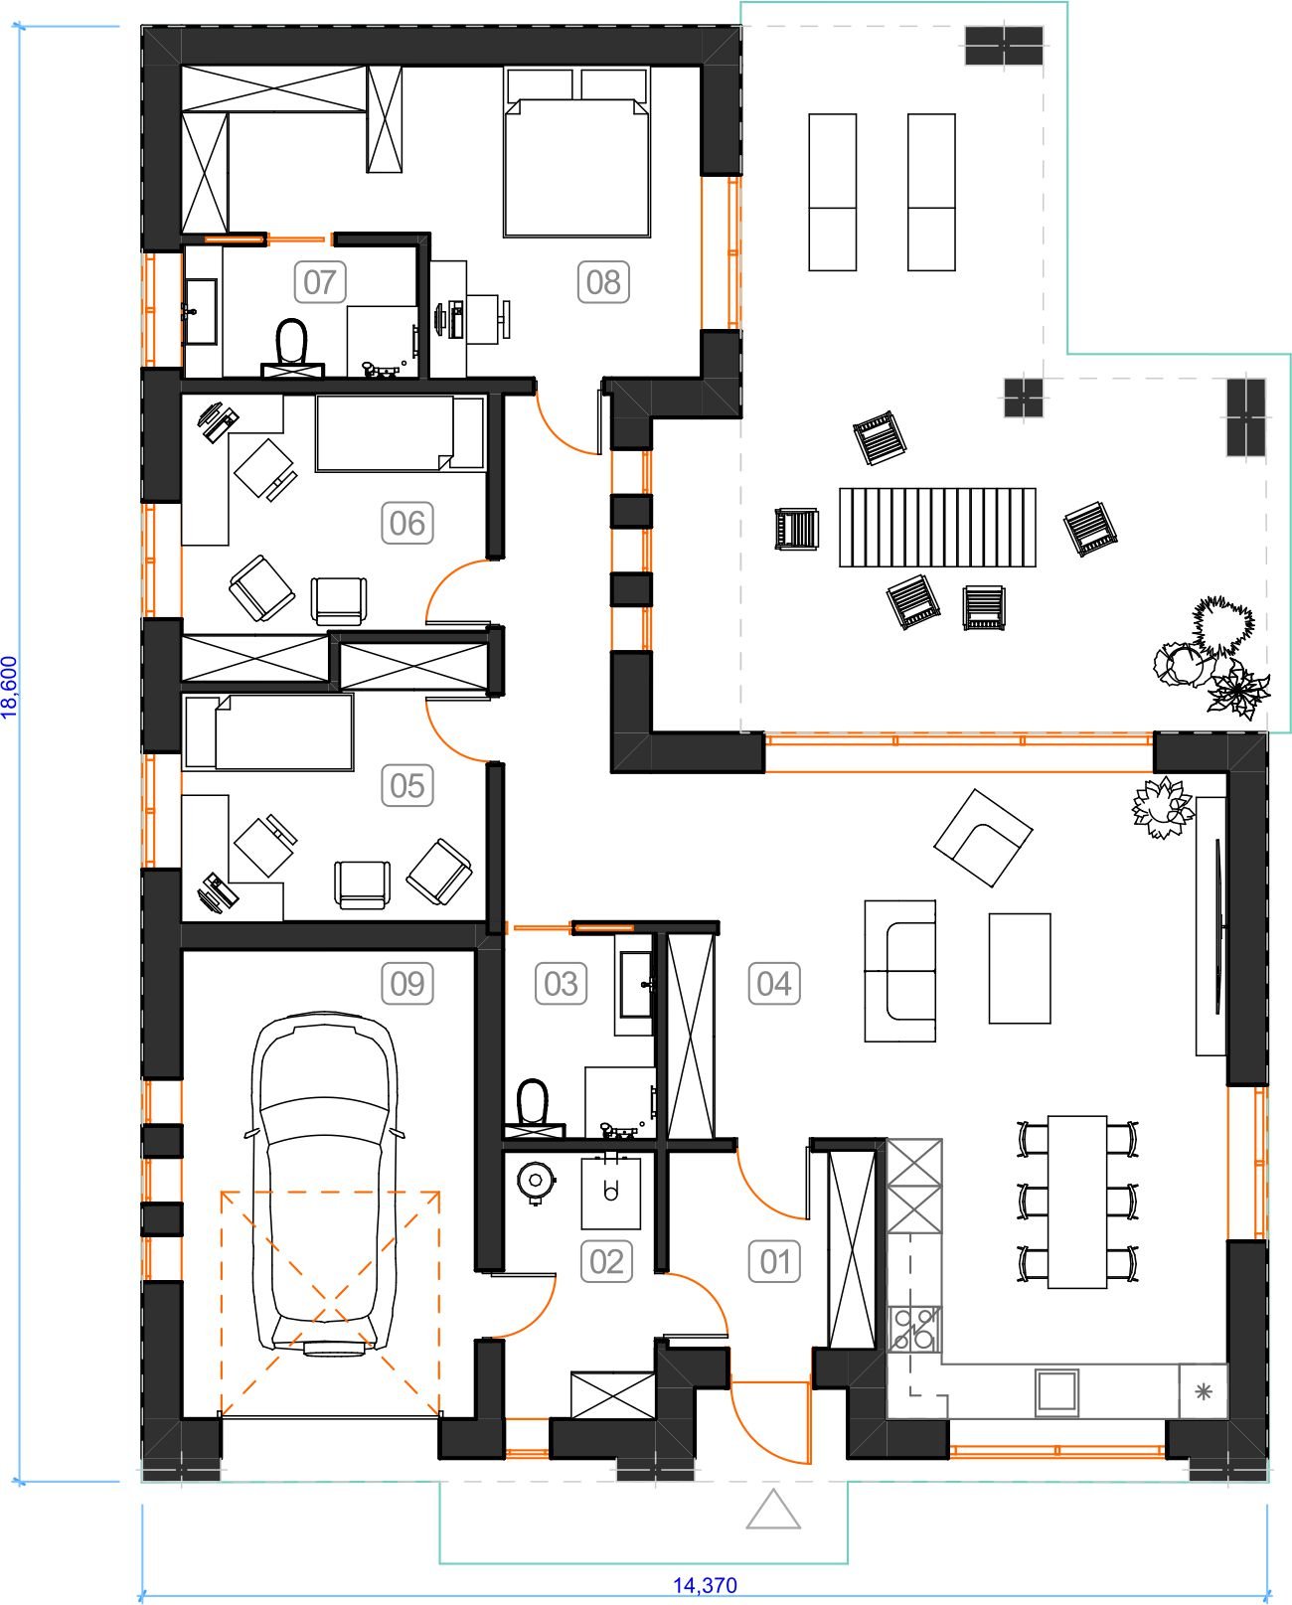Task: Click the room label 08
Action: tap(603, 282)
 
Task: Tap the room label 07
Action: tap(320, 282)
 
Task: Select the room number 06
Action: tap(407, 523)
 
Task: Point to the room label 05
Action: tap(407, 785)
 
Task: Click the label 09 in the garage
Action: tap(407, 983)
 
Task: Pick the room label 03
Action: tap(561, 983)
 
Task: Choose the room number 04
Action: tap(774, 983)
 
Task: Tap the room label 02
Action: tap(606, 1261)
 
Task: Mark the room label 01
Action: tap(774, 1261)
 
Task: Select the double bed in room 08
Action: tap(576, 152)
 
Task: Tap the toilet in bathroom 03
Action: tap(534, 1108)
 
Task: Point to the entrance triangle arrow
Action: tap(773, 1510)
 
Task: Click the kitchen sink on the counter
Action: tap(1057, 1391)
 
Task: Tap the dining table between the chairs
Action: tap(1077, 1202)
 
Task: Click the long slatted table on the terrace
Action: tap(937, 528)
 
